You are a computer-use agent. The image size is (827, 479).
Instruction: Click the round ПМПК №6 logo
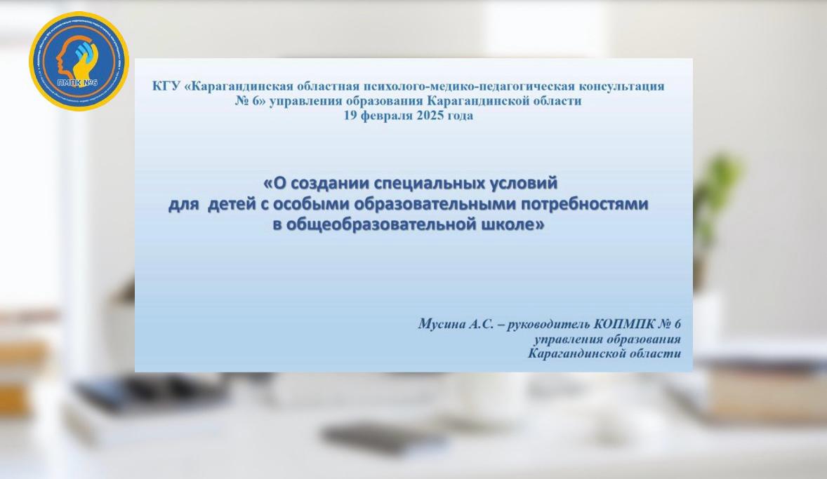79,61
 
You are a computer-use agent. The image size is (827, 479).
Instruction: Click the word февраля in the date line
385,116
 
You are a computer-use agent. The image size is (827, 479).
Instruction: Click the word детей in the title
232,204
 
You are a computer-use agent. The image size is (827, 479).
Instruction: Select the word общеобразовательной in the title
383,225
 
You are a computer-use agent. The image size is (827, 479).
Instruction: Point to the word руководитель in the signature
548,324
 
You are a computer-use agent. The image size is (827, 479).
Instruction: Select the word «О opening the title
274,183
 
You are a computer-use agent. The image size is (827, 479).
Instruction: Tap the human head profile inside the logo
67,58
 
